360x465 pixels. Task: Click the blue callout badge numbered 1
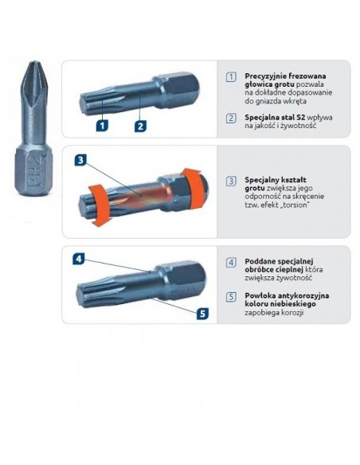click(102, 125)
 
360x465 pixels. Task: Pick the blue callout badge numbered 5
click(202, 313)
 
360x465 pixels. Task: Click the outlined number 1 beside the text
click(231, 76)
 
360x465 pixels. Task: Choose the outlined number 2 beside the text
click(231, 118)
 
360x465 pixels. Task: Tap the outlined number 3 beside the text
click(231, 181)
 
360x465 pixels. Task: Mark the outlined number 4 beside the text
click(231, 262)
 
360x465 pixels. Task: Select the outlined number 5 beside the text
click(231, 296)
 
